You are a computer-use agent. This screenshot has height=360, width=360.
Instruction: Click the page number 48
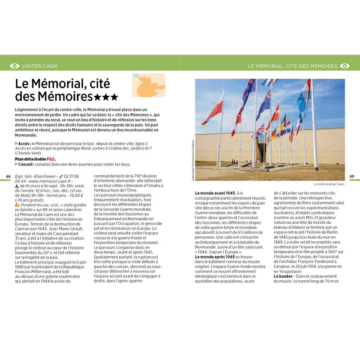(x=8, y=175)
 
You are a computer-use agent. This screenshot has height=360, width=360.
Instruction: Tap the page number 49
(x=352, y=176)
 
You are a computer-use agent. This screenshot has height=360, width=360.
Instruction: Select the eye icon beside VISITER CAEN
(x=14, y=65)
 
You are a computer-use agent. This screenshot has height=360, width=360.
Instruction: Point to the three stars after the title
(x=106, y=96)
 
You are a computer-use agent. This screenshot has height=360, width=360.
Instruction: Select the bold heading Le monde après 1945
(x=215, y=257)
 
